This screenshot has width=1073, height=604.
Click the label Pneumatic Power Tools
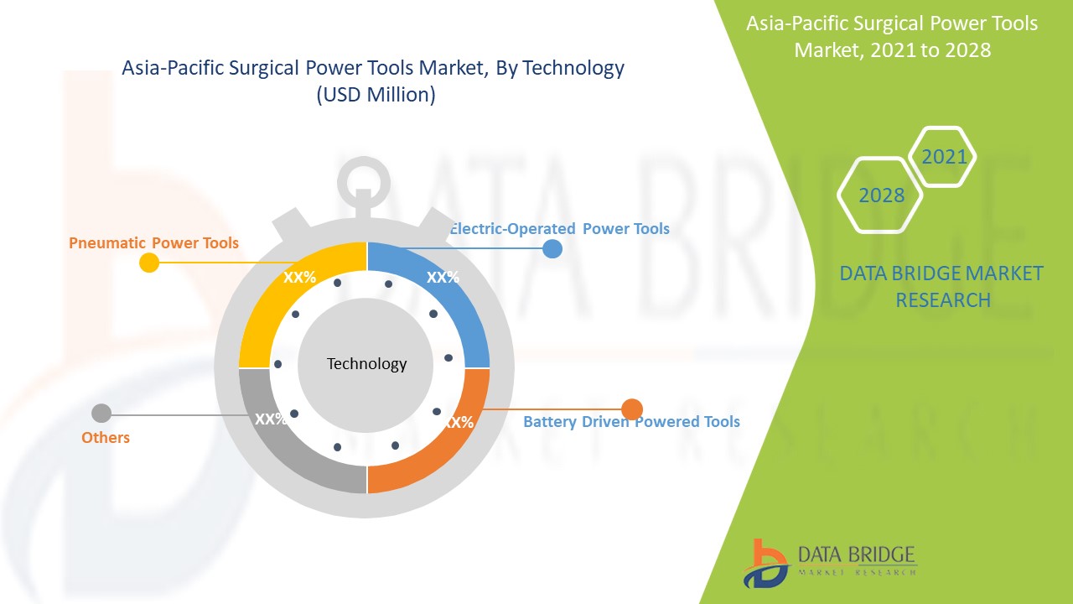(x=153, y=243)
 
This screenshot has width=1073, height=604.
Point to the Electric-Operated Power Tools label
(x=560, y=228)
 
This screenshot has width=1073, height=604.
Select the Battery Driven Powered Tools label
(x=631, y=421)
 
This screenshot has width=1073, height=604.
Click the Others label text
(x=106, y=437)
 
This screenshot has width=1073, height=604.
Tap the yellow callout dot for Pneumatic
(x=148, y=263)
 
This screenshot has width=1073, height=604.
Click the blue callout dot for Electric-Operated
(x=552, y=248)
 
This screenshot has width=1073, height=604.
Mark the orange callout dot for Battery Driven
(x=632, y=409)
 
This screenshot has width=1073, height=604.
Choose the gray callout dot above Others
(x=101, y=414)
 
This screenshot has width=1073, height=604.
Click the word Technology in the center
(x=366, y=364)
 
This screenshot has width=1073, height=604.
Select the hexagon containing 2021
(x=944, y=157)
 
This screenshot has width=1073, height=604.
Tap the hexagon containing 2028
(x=881, y=195)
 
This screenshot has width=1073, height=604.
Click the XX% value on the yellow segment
(x=299, y=278)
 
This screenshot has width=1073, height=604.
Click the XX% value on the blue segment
(x=443, y=278)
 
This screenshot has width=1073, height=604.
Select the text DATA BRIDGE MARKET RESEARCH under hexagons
(x=941, y=286)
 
